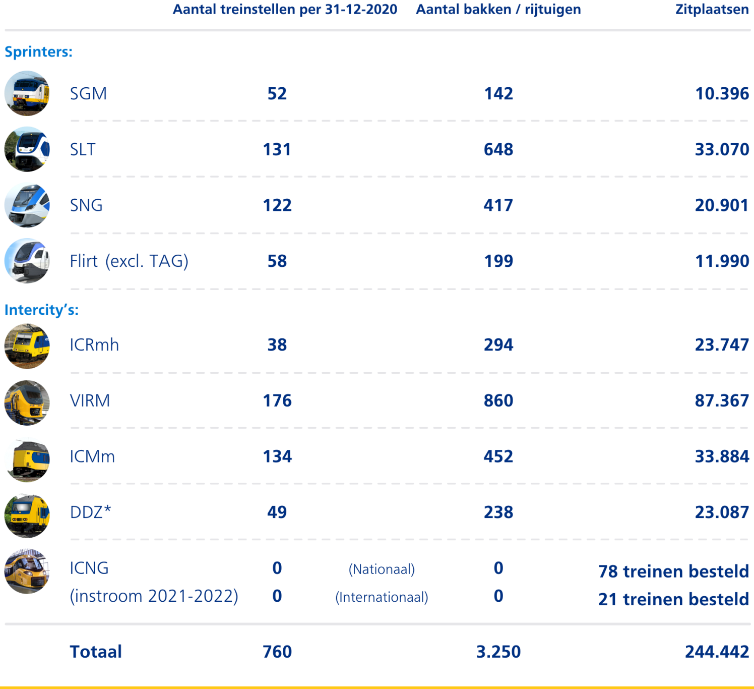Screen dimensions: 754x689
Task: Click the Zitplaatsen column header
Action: click(712, 10)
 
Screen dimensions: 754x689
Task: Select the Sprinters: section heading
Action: click(38, 51)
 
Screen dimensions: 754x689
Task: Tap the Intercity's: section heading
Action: click(41, 310)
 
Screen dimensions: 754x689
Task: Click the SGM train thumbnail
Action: click(27, 93)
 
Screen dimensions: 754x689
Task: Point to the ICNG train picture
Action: click(27, 571)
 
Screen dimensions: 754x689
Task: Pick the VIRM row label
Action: click(90, 400)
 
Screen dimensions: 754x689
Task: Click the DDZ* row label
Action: click(91, 512)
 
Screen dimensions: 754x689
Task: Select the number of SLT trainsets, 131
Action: click(277, 149)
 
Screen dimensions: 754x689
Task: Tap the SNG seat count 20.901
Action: click(722, 205)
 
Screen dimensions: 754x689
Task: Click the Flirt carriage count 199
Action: click(498, 261)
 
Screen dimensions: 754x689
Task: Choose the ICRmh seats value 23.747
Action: click(722, 344)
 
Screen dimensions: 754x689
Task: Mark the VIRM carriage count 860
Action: click(498, 400)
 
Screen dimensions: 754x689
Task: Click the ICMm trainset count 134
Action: click(277, 456)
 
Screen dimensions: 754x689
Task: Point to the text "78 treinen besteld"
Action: click(673, 571)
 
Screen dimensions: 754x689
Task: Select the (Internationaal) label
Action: click(382, 597)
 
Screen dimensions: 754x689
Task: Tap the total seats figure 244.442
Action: click(717, 651)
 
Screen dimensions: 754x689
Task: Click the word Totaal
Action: click(96, 651)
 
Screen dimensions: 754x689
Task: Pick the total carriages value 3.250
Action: click(498, 651)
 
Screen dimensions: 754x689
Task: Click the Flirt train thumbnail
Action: click(27, 261)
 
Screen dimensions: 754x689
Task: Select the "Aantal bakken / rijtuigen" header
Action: click(498, 10)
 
